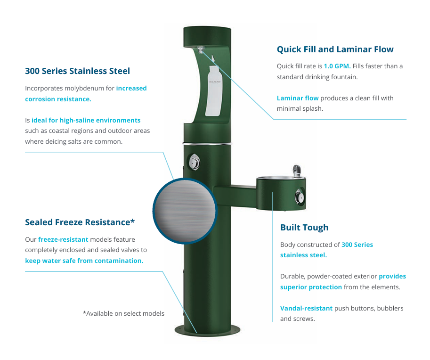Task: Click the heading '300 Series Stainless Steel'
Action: click(x=77, y=71)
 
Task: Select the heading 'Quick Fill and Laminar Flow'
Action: click(x=335, y=49)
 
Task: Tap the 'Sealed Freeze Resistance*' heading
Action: click(x=80, y=222)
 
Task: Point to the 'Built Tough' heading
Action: click(x=304, y=228)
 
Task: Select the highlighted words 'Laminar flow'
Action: click(x=298, y=98)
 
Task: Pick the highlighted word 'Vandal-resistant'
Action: click(x=306, y=308)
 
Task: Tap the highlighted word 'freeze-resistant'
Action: click(x=63, y=239)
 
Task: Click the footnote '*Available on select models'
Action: click(x=123, y=313)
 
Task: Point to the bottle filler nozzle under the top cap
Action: click(x=202, y=49)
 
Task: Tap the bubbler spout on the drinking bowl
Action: click(x=296, y=170)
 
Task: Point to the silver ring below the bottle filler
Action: click(x=207, y=141)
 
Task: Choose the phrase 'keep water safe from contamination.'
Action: click(x=84, y=260)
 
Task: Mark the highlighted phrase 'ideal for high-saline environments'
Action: click(x=86, y=120)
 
